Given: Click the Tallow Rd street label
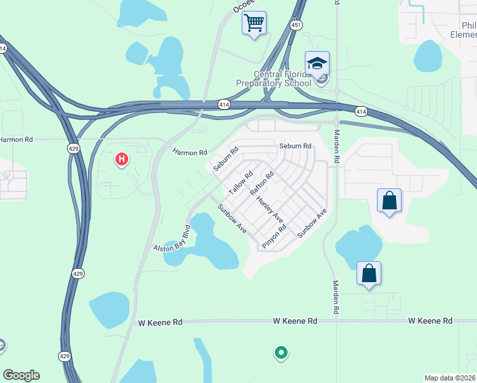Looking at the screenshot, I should point(241,183).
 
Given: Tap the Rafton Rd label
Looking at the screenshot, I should point(262,183).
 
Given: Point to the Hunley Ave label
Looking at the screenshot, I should point(270,209).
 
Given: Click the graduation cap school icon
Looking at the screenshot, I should point(317,63).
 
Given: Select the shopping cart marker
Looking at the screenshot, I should point(254,24).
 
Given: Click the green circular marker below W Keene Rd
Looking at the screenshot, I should point(280,352).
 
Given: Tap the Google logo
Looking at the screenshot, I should point(21,375).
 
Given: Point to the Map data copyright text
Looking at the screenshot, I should point(450,378).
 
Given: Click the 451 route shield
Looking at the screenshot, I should point(295,25).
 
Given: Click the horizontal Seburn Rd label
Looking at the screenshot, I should point(295,146).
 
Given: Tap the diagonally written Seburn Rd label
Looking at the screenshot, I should point(226,159).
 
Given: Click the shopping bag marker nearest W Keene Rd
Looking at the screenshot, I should point(369,273).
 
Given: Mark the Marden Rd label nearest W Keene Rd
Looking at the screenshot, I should point(335,298).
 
